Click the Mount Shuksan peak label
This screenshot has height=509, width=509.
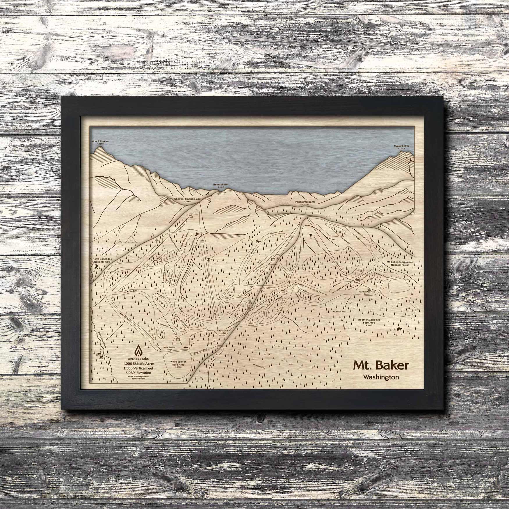[101, 141]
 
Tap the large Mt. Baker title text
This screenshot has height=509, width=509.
[381, 366]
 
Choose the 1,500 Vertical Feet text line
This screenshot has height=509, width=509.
[139, 368]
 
